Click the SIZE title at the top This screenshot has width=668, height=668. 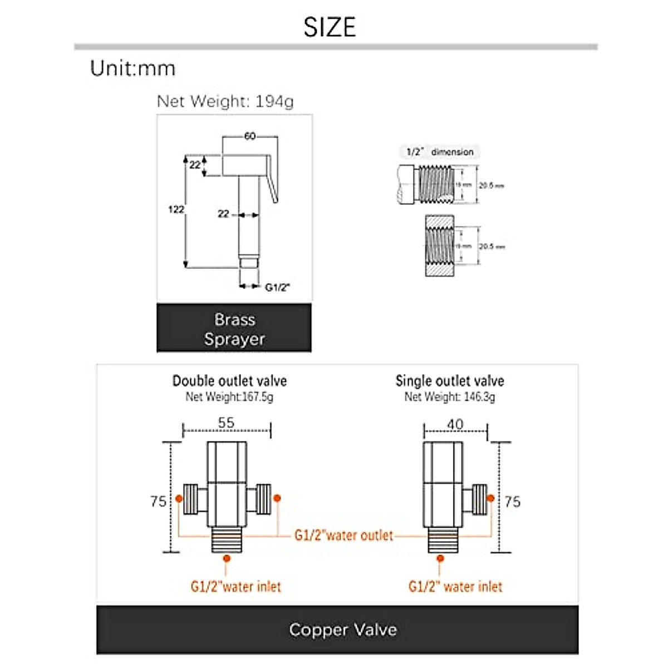click(330, 27)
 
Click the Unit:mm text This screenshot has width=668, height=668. click(132, 68)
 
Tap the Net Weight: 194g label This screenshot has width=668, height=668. click(225, 101)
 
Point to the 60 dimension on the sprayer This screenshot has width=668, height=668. click(249, 136)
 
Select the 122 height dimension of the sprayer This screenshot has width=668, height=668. click(176, 209)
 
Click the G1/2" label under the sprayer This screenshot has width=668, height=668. click(277, 287)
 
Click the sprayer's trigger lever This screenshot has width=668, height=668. click(272, 178)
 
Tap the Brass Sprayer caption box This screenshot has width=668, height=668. click(234, 328)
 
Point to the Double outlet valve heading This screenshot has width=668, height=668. click(229, 381)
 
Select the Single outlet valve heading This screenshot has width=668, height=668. click(450, 381)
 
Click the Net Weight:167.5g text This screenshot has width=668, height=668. click(229, 397)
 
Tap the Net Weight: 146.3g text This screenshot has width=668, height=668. click(450, 397)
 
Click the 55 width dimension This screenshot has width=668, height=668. click(226, 423)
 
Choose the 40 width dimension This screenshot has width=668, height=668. click(455, 424)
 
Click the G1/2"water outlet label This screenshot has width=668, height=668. click(343, 536)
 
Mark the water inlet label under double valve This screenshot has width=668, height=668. click(235, 586)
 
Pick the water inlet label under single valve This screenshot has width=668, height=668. click(455, 586)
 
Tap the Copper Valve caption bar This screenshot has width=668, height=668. click(342, 630)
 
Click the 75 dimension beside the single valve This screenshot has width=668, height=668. click(512, 502)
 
